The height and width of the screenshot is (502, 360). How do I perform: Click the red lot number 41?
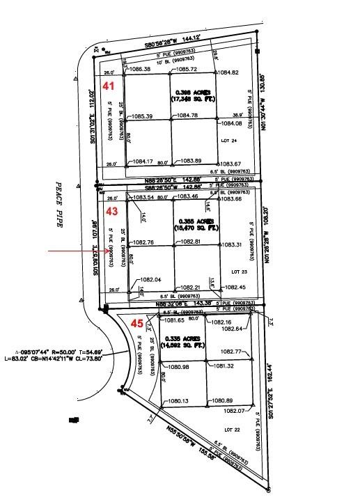109,86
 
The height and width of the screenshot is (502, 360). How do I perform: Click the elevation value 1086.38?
141,70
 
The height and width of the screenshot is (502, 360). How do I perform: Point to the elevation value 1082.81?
190,242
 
